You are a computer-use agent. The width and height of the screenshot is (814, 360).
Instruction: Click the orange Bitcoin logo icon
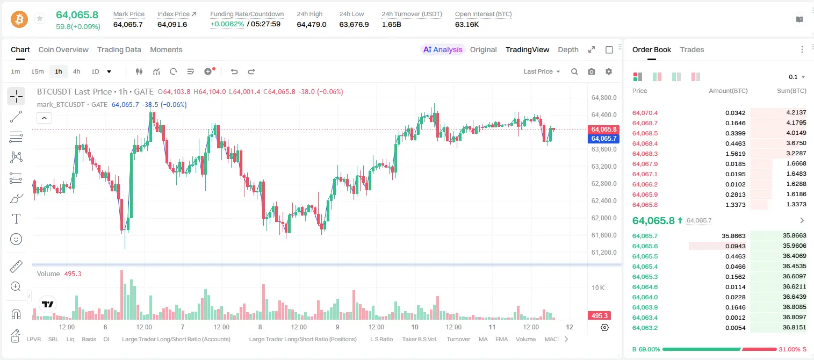pyautogui.click(x=19, y=19)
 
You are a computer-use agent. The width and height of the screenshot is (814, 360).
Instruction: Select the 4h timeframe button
pyautogui.click(x=76, y=71)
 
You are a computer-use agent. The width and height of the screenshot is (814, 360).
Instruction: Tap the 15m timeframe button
pyautogui.click(x=37, y=71)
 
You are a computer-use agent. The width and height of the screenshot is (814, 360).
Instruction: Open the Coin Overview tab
pyautogui.click(x=63, y=49)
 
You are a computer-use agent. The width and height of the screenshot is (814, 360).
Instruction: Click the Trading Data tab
pyautogui.click(x=119, y=49)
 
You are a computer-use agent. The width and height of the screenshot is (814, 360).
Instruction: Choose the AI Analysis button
pyautogui.click(x=443, y=49)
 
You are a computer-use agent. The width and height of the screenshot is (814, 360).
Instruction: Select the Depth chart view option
pyautogui.click(x=568, y=49)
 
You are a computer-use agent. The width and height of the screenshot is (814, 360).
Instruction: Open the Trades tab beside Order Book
pyautogui.click(x=692, y=49)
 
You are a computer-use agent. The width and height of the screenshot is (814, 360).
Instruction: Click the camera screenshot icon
pyautogui.click(x=592, y=71)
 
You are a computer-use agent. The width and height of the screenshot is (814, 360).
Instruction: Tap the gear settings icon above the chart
pyautogui.click(x=609, y=71)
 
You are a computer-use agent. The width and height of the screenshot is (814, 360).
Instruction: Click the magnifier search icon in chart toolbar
pyautogui.click(x=574, y=71)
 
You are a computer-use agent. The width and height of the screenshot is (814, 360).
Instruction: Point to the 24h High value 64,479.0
pyautogui.click(x=312, y=24)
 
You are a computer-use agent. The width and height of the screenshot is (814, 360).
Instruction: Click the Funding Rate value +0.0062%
pyautogui.click(x=227, y=24)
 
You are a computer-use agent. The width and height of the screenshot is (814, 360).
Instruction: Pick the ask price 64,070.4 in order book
pyautogui.click(x=645, y=113)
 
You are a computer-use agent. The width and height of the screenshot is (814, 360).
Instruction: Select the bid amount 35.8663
pyautogui.click(x=733, y=236)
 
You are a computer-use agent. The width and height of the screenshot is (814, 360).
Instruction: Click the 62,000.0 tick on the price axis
pyautogui.click(x=604, y=218)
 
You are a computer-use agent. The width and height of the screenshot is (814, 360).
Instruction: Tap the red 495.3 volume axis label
pyautogui.click(x=599, y=316)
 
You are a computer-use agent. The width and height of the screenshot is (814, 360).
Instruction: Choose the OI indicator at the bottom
pyautogui.click(x=106, y=339)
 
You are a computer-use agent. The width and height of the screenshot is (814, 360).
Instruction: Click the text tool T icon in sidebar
pyautogui.click(x=16, y=219)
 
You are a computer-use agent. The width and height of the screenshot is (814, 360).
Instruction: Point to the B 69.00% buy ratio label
pyautogui.click(x=646, y=349)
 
